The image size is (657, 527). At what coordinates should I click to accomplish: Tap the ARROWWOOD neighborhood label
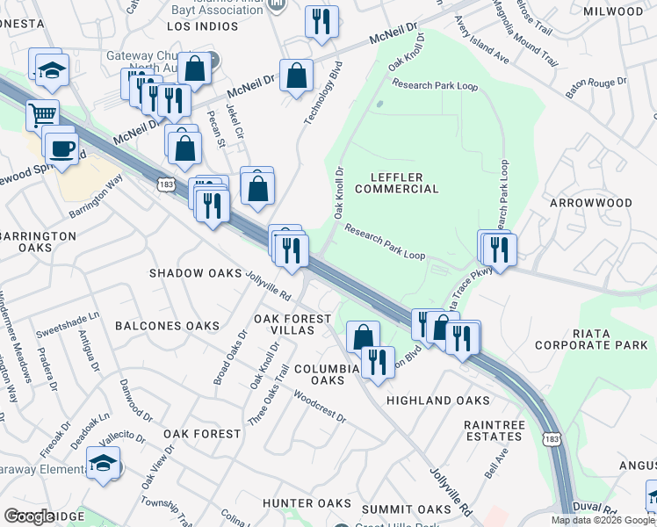click(x=590, y=203)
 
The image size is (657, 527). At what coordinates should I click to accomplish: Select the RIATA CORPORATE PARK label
click(x=596, y=339)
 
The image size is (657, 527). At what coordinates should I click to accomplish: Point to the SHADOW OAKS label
click(x=195, y=273)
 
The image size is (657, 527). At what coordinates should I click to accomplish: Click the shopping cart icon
click(x=41, y=114)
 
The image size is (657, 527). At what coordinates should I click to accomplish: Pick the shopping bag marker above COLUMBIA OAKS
click(x=363, y=336)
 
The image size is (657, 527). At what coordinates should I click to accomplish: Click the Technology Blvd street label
click(x=321, y=92)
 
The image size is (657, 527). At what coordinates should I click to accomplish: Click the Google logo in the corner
click(x=29, y=516)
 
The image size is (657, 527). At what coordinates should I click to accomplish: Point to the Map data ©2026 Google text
click(x=603, y=520)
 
